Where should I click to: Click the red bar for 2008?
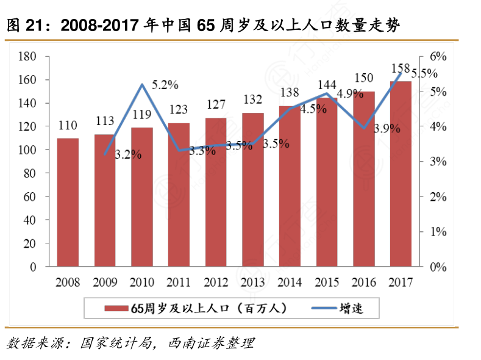[68, 203]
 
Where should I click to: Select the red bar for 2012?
[216, 192]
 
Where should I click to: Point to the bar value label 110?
[68, 126]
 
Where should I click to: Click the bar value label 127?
[216, 104]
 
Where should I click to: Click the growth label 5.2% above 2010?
[165, 85]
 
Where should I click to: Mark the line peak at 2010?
[142, 85]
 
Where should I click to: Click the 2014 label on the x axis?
[290, 283]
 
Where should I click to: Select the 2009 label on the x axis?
[105, 283]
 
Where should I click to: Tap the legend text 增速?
[352, 308]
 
